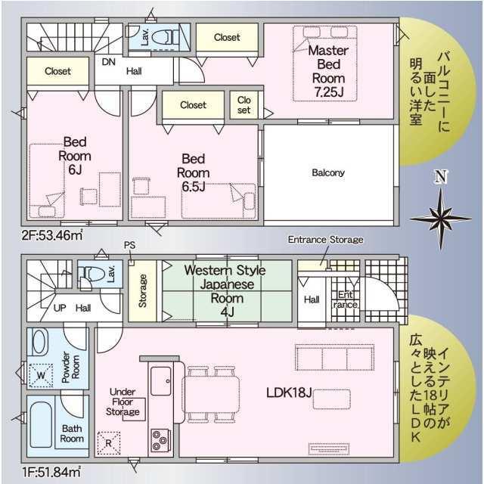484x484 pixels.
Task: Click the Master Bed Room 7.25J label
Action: click(328, 71)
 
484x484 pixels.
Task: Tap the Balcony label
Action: click(328, 172)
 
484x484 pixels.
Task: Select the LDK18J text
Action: click(289, 392)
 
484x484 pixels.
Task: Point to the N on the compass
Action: click(440, 177)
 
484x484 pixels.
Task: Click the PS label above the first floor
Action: click(129, 245)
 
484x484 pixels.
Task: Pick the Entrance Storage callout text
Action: click(325, 240)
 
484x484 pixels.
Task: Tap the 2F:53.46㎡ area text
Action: click(52, 236)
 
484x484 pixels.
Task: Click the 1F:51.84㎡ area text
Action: click(51, 472)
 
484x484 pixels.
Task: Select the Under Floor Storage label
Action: click(123, 402)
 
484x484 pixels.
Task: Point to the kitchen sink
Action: click(161, 381)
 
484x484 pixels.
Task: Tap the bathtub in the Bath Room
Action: click(41, 424)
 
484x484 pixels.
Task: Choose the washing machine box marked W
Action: click(41, 375)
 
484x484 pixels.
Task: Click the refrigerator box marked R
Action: click(109, 443)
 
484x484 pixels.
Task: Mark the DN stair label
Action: click(109, 62)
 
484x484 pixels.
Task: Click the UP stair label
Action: click(60, 308)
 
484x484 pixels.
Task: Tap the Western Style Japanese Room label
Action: click(225, 290)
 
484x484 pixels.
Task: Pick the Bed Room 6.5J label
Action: click(194, 172)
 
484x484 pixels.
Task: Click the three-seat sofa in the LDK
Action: click(334, 357)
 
